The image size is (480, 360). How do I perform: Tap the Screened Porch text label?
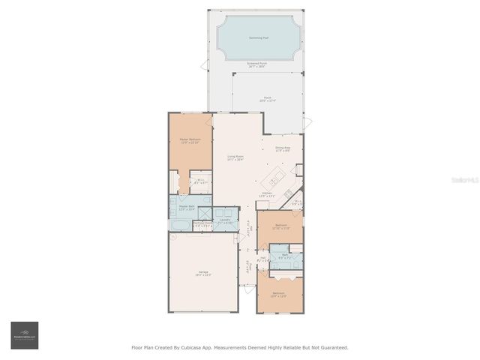(258, 64)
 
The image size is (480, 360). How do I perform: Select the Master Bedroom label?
(190, 141)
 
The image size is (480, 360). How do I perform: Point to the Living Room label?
(235, 157)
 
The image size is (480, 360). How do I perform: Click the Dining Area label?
(283, 148)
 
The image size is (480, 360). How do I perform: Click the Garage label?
(203, 274)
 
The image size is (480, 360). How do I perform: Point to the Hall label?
(263, 259)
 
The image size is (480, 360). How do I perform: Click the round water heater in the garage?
(173, 237)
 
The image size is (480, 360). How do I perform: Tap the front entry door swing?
(247, 289)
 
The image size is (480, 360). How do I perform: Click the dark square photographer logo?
(24, 335)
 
